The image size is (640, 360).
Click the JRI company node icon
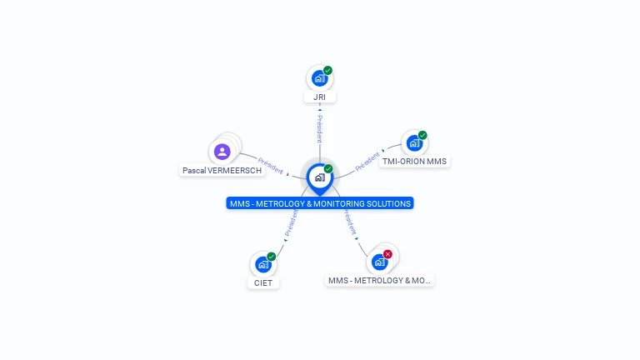(318, 78)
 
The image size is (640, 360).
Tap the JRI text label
(319, 97)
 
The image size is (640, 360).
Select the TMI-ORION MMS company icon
(413, 142)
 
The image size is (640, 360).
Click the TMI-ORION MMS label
(414, 162)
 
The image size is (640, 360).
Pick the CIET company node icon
(262, 264)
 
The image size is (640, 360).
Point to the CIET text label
(263, 283)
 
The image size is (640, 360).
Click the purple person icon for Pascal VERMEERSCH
(222, 152)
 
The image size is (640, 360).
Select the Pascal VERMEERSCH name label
(222, 171)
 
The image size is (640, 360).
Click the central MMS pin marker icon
(319, 177)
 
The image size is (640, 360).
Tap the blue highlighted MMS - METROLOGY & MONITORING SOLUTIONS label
(319, 203)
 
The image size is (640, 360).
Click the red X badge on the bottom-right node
(387, 254)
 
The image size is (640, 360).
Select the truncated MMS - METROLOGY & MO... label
(380, 281)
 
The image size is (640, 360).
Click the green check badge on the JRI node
(327, 70)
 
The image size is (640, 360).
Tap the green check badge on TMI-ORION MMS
(422, 135)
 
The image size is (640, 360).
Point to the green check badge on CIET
(272, 257)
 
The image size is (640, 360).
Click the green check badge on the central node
(328, 169)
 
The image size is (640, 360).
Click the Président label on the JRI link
(319, 129)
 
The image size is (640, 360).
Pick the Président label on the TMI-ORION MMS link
(367, 161)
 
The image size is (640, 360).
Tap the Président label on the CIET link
(291, 224)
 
